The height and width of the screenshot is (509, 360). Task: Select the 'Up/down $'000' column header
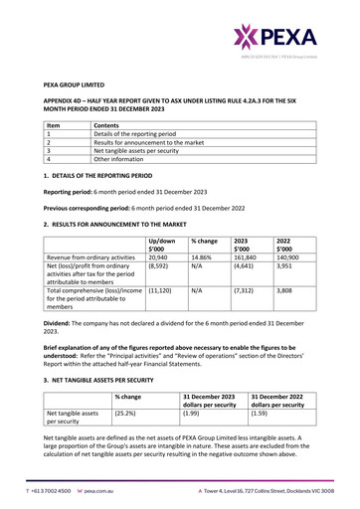coord(161,246)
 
